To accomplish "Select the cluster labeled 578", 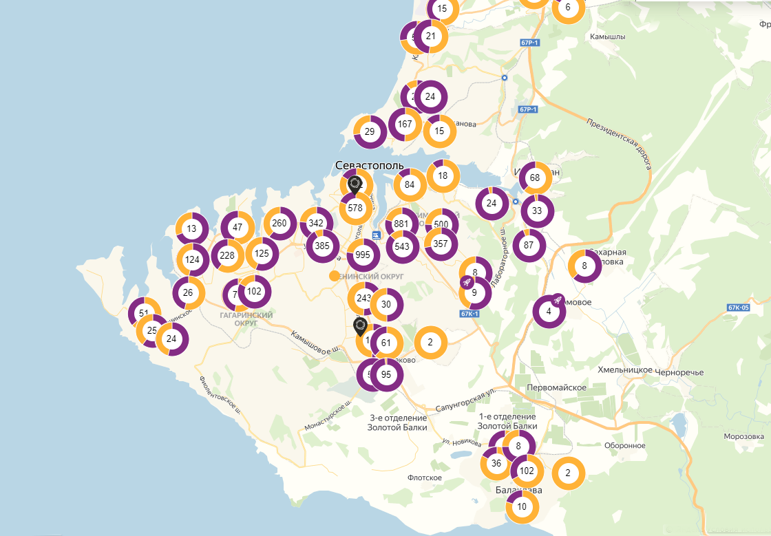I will pos(356,208).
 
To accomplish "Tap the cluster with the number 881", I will pos(402,224).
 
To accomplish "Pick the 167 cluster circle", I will pos(405,125).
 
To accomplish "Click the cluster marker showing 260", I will pos(279,223).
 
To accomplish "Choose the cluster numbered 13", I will pos(192,229).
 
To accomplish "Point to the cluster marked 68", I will pos(536,178).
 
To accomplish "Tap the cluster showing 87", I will pos(529,245).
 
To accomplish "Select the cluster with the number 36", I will pos(496,463).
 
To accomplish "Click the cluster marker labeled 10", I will pos(522,507).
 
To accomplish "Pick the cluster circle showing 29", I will pos(370,132).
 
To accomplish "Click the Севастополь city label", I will pos(369,166).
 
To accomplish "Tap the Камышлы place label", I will pos(608,36).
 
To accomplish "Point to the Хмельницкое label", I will pos(625,371).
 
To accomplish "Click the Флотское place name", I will pos(425,478).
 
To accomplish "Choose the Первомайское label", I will pos(556,387).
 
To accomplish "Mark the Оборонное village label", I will pos(625,445).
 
